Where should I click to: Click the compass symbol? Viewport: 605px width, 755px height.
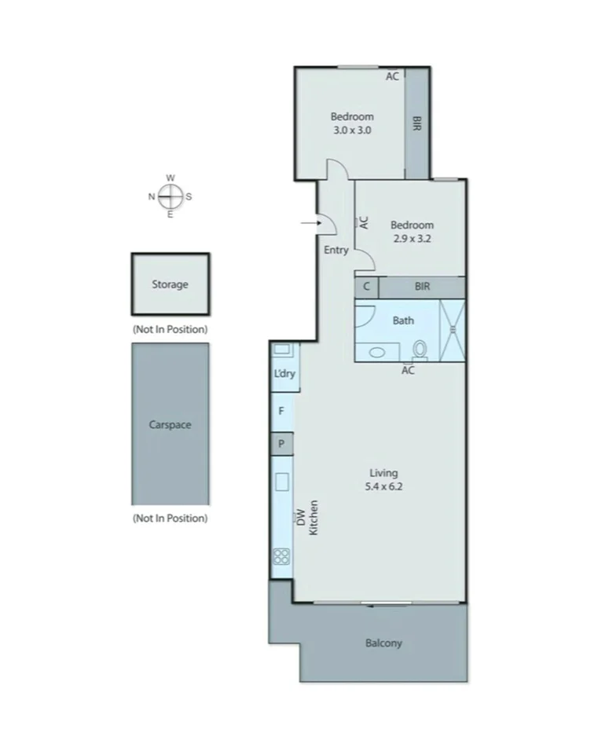pos(170,196)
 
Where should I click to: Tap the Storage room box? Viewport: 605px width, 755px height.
pos(170,284)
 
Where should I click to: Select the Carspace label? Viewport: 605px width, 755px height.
pos(170,425)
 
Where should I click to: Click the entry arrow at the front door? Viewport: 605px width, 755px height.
pos(309,224)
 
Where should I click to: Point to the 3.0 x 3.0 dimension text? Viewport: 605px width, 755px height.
pos(351,130)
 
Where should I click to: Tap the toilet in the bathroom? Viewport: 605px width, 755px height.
pos(420,348)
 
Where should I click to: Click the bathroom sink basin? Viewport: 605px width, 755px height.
pos(376,353)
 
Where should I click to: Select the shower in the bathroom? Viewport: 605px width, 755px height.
pos(452,330)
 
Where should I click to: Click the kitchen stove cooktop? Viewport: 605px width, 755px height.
pos(281,557)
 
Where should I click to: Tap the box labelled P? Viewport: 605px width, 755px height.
pos(281,444)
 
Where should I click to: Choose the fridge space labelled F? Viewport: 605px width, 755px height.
pos(281,410)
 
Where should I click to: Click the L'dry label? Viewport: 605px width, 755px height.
pos(284,374)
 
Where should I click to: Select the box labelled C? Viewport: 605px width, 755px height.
pos(365,288)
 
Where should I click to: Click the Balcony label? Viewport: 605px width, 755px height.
pos(383,643)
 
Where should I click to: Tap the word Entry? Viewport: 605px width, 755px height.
pos(335,250)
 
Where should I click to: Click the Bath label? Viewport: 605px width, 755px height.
pos(403,320)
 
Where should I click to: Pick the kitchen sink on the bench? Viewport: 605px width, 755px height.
pos(281,482)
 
